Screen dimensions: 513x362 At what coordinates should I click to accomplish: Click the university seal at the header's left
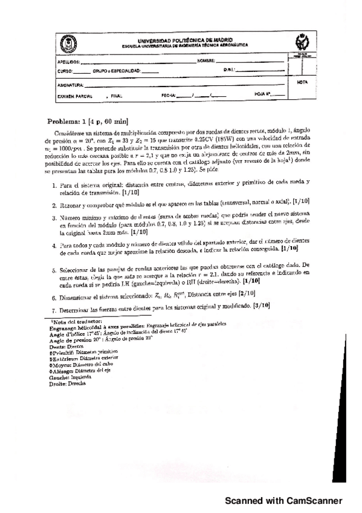point(65,43)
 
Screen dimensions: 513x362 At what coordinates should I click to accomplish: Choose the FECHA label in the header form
point(168,96)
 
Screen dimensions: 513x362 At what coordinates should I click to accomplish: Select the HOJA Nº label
point(262,95)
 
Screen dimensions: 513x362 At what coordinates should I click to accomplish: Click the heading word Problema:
point(66,121)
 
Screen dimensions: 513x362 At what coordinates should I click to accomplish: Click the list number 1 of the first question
point(53,182)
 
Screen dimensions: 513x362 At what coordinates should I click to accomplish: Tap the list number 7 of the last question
point(53,307)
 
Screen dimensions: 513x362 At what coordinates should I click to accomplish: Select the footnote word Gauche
point(59,377)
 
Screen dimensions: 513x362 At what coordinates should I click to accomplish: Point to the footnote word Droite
point(58,384)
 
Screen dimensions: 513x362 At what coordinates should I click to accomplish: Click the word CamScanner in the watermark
point(315,500)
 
